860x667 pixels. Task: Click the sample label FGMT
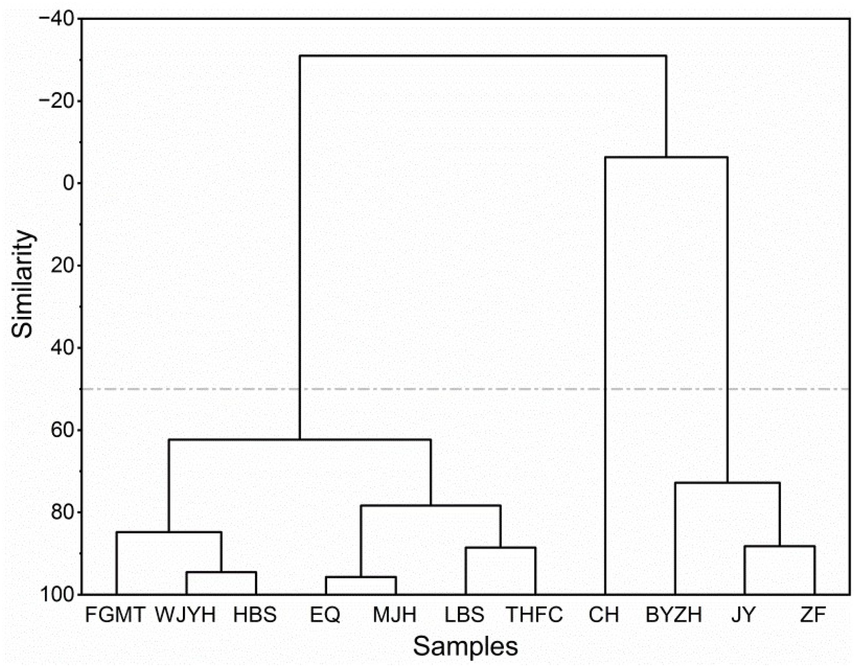click(x=115, y=615)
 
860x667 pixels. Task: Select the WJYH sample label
click(x=186, y=615)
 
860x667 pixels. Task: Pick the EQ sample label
click(x=325, y=615)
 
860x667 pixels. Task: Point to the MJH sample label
click(x=395, y=615)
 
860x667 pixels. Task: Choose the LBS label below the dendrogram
click(x=465, y=615)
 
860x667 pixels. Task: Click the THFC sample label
click(x=534, y=615)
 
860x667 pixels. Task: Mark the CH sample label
click(x=604, y=615)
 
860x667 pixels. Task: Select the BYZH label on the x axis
click(x=674, y=615)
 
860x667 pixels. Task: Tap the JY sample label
click(x=744, y=615)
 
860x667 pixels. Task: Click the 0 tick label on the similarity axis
click(x=69, y=183)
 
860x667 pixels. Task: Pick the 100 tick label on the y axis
click(x=57, y=595)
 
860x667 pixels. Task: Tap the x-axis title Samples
click(x=465, y=647)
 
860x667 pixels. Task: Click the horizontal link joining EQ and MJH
click(x=361, y=577)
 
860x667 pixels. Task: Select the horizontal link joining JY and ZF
click(x=779, y=546)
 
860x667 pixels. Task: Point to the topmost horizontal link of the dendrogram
click(x=483, y=56)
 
